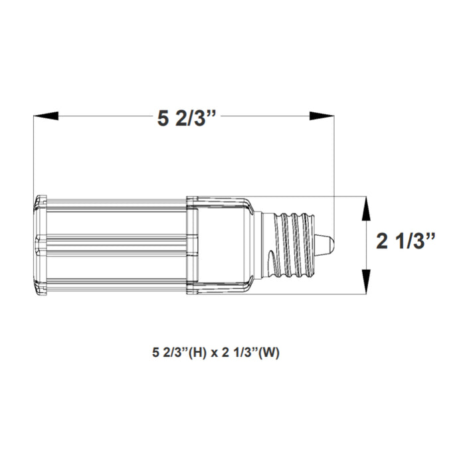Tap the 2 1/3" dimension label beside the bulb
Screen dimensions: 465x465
click(406, 241)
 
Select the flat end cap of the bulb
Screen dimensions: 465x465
click(39, 244)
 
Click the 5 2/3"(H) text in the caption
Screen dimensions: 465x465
click(179, 353)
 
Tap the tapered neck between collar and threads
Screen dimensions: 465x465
click(260, 244)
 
